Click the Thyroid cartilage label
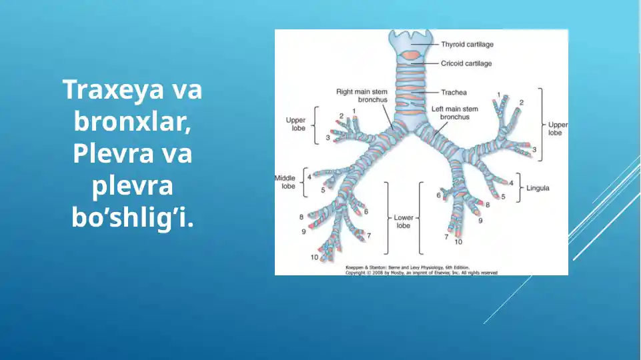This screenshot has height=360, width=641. click(x=467, y=45)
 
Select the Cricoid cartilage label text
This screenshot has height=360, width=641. click(x=466, y=63)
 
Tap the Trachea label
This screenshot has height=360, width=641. click(x=454, y=92)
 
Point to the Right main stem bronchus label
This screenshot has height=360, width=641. click(x=362, y=95)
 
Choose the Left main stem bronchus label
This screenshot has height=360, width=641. click(x=454, y=113)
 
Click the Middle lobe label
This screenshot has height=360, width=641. click(x=286, y=182)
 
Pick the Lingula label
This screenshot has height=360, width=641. click(x=538, y=188)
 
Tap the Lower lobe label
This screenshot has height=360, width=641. click(x=403, y=221)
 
